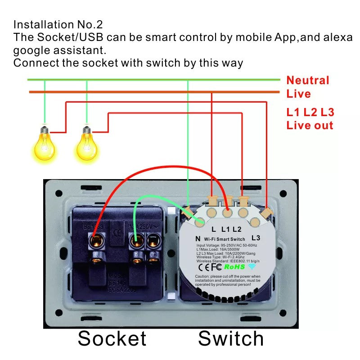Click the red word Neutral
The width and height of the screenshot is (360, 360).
pyautogui.click(x=308, y=81)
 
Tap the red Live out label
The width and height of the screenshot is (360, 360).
pyautogui.click(x=310, y=126)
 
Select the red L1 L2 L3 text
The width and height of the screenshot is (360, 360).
pyautogui.click(x=310, y=112)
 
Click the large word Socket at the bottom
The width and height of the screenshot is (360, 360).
pyautogui.click(x=112, y=338)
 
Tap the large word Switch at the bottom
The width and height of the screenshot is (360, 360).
pyautogui.click(x=231, y=338)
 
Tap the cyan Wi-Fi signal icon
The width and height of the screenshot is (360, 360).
pyautogui.click(x=252, y=266)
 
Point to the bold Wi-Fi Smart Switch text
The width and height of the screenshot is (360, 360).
pyautogui.click(x=225, y=238)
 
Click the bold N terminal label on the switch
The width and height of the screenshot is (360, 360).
pyautogui.click(x=197, y=238)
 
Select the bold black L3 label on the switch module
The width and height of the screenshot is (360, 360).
pyautogui.click(x=256, y=237)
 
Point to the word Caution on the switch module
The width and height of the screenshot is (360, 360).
pyautogui.click(x=203, y=276)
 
